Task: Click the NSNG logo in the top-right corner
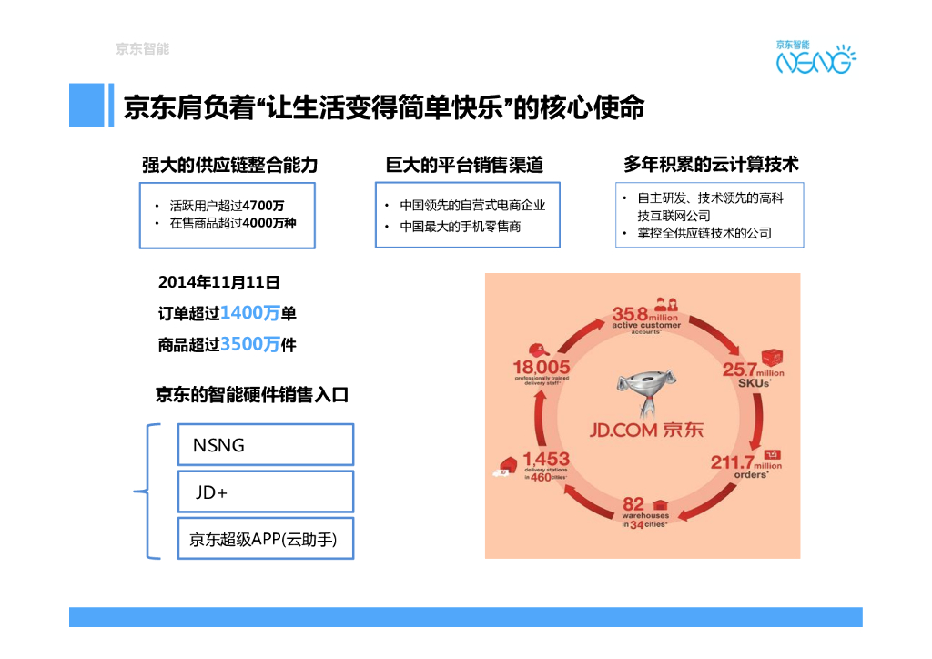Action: coord(815,58)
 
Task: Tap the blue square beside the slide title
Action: coord(86,105)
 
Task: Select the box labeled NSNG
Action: coord(265,445)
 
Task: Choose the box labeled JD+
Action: coord(265,492)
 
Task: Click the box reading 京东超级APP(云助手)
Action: coord(265,539)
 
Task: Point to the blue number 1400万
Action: coord(249,313)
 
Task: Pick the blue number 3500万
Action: coord(249,344)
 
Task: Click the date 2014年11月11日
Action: coord(218,282)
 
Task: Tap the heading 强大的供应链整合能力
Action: coord(229,165)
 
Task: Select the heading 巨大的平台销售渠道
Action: coord(464,165)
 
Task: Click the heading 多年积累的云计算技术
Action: coord(711,165)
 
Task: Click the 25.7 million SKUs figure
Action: coord(752,373)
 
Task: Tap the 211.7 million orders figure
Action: coord(745,464)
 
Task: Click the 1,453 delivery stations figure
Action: coord(545,464)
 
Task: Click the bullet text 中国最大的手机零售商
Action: coord(461,226)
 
